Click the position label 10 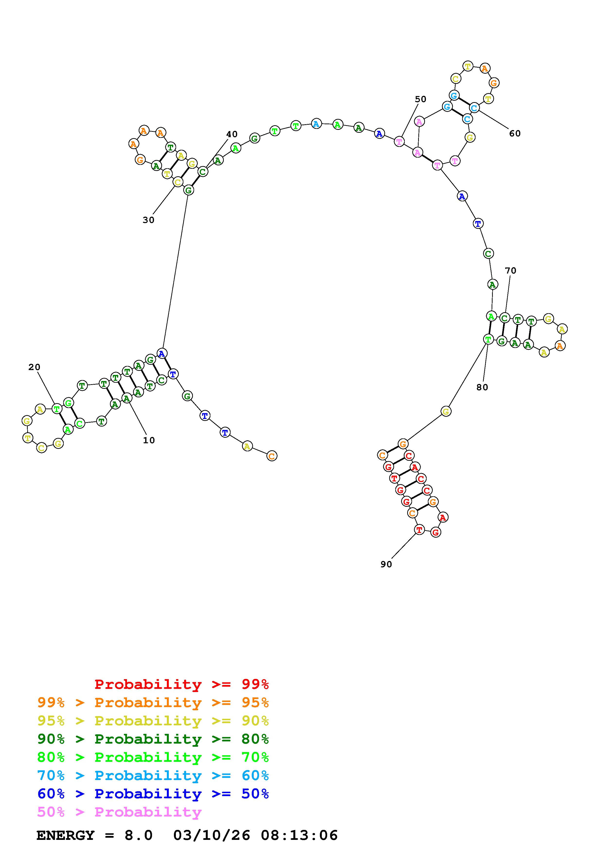coord(149,440)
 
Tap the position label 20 coord(34,367)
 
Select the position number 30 coord(148,220)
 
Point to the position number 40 coord(232,134)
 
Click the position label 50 coord(421,99)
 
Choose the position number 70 coord(511,270)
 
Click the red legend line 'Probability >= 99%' coord(182,684)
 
